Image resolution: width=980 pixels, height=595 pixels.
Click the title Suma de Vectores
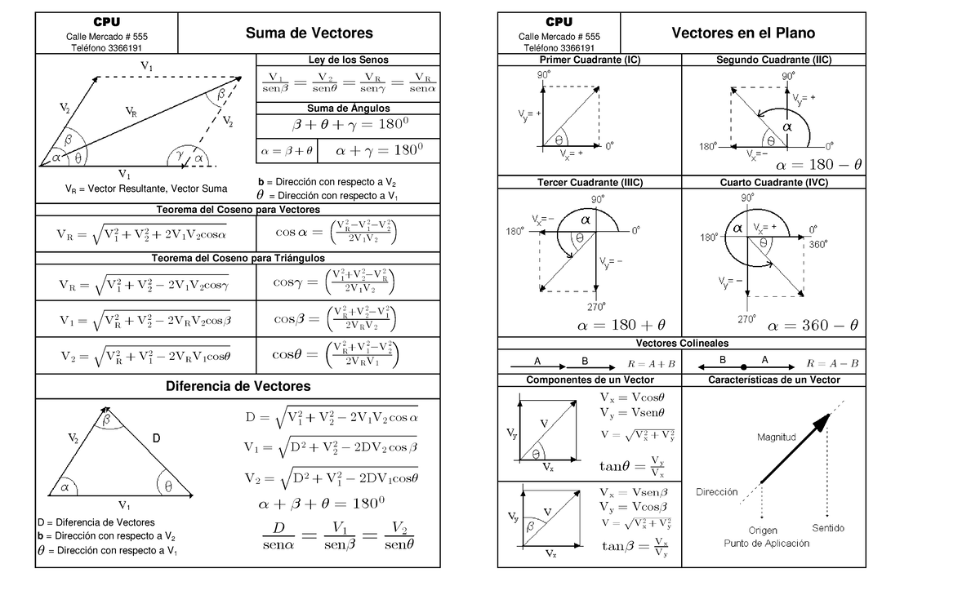[x=309, y=33]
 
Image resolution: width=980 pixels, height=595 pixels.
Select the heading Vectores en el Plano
[x=742, y=33]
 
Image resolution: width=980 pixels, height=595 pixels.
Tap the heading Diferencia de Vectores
[x=238, y=385]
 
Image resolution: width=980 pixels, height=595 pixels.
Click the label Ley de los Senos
[x=348, y=60]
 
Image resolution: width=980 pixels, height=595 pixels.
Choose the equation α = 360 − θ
[x=813, y=325]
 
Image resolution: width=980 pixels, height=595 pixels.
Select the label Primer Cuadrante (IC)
[x=589, y=60]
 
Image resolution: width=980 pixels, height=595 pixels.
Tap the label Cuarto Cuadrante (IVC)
[x=773, y=182]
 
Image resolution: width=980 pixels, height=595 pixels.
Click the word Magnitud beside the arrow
[x=776, y=437]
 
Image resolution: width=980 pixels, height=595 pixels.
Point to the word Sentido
[x=828, y=528]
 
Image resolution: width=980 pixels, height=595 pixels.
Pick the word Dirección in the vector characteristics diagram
[x=716, y=492]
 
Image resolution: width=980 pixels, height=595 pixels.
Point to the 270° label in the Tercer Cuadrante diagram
[x=594, y=307]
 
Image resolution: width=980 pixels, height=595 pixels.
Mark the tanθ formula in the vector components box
[x=631, y=466]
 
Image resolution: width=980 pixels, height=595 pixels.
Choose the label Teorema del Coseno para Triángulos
[x=237, y=259]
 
